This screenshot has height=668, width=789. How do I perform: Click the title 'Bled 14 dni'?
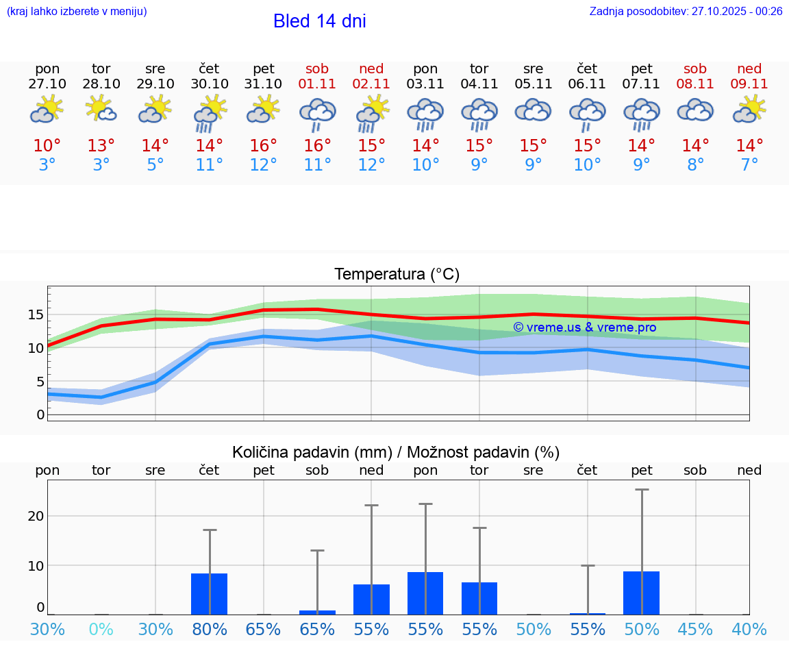click(319, 21)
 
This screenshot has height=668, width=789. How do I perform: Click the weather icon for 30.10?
click(210, 112)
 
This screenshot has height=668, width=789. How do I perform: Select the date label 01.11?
click(317, 84)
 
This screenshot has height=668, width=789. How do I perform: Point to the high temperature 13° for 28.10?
click(101, 146)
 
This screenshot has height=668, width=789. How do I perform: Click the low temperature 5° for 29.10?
click(155, 165)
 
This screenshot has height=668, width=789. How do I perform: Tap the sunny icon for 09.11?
click(749, 110)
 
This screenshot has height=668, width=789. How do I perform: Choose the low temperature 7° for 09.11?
click(749, 165)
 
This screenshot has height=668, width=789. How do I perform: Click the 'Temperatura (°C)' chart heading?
click(397, 275)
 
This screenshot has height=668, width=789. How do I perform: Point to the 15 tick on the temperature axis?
click(36, 314)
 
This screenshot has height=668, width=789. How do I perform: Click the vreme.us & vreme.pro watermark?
click(585, 327)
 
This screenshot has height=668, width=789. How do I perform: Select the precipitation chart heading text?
click(396, 452)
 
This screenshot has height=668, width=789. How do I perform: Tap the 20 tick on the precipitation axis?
click(36, 516)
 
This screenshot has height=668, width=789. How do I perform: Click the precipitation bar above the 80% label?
click(209, 594)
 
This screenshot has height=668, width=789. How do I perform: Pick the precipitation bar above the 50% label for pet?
click(641, 593)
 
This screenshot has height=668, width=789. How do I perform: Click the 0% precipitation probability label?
click(101, 629)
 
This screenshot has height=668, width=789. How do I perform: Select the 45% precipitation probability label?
click(695, 629)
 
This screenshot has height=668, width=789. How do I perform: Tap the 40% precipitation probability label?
click(749, 629)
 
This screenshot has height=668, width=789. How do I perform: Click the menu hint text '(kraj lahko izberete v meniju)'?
click(76, 11)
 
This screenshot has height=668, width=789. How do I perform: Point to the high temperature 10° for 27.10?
click(47, 146)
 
